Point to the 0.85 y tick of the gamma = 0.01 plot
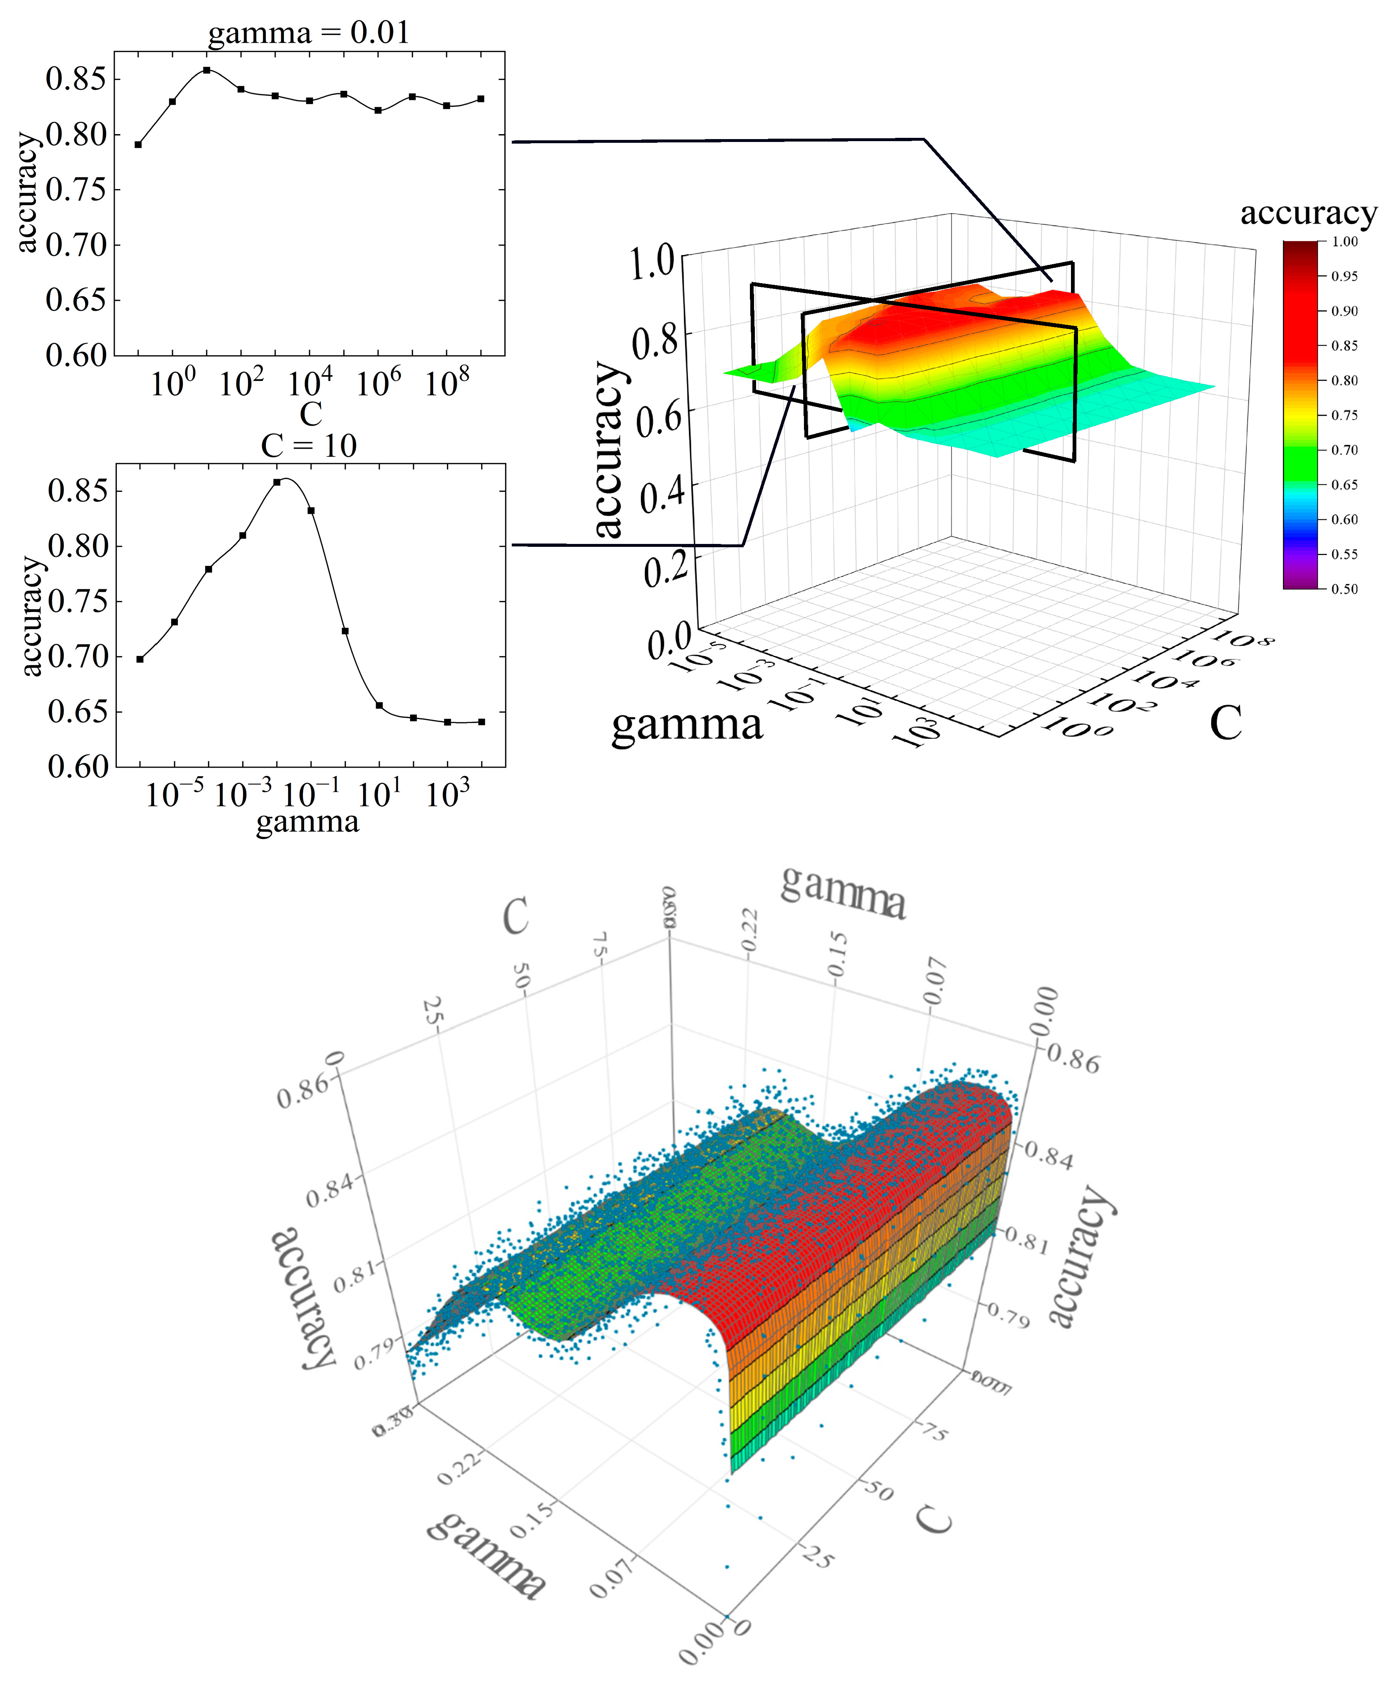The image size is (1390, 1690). tap(76, 79)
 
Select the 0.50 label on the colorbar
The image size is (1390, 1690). tap(1345, 589)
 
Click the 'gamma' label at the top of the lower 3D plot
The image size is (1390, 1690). tap(843, 894)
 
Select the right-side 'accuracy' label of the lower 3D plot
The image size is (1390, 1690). tap(1081, 1257)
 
